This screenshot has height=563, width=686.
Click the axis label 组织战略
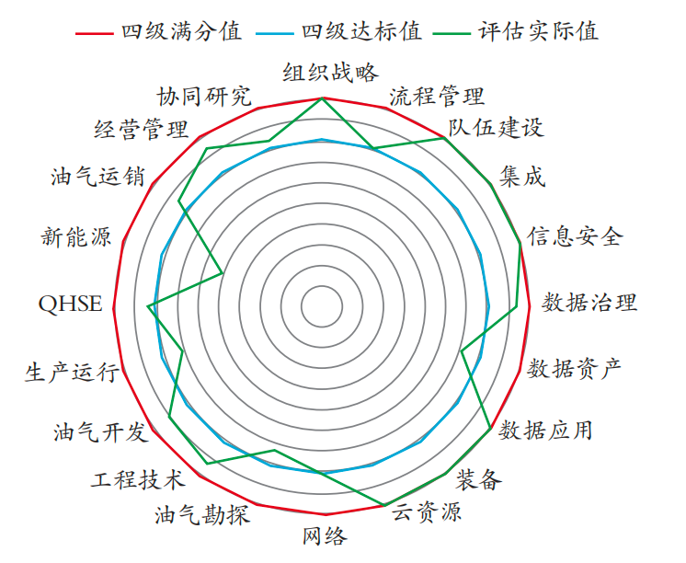(330, 73)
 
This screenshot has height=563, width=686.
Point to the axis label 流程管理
(437, 96)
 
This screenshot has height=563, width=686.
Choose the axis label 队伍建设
(496, 127)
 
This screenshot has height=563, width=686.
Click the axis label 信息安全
(575, 236)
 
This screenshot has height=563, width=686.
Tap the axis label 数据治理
(589, 303)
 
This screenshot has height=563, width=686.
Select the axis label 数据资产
(574, 368)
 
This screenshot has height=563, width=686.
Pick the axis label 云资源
(426, 511)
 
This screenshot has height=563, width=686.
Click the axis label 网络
(325, 535)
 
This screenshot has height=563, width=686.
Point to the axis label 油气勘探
(202, 514)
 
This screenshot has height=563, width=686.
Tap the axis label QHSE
(71, 304)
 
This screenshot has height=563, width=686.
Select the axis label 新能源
(76, 236)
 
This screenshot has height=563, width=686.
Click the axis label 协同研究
(204, 96)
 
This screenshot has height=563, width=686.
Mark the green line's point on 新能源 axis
(223, 273)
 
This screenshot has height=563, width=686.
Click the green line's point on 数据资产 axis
(462, 350)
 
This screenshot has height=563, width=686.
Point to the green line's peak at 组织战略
(322, 98)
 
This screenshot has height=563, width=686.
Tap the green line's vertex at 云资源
(384, 505)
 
